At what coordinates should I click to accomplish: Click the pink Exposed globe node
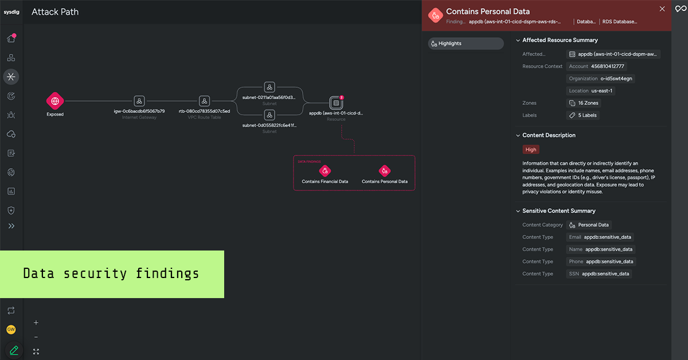coord(55,101)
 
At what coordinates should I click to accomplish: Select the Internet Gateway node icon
coord(139,101)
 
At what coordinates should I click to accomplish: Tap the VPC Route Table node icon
coord(204,101)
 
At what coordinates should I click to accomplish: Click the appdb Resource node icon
coord(336,103)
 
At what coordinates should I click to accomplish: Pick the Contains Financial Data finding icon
coord(325,170)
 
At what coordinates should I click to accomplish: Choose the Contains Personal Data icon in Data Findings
coord(385,170)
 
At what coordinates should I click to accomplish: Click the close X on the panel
coord(662,9)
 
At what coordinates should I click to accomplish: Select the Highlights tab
coord(466,44)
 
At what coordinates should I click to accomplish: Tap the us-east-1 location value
coord(603,91)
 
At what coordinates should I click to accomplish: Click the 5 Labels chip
coord(583,115)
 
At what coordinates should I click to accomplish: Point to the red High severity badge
coord(531,150)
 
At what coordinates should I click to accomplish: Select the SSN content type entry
coord(599,274)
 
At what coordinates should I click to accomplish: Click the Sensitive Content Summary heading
coord(558,211)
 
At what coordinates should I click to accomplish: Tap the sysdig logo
coord(11,12)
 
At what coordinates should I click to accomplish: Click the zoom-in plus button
coord(36,323)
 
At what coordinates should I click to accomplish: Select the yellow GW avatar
coord(11,330)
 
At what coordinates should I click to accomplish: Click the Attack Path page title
coord(55,12)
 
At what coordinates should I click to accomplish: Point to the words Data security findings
coord(111,274)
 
